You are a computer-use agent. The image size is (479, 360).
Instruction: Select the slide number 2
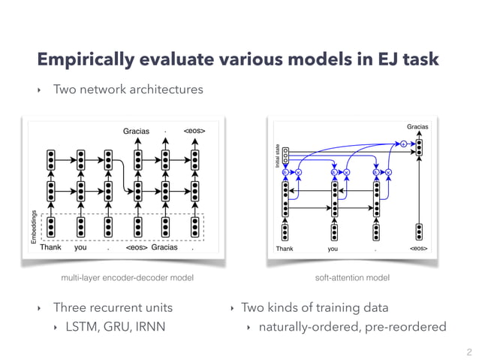tap(468, 351)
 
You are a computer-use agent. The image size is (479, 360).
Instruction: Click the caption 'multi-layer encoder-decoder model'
tap(127, 278)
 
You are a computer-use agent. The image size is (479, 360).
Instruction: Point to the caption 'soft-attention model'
tap(353, 278)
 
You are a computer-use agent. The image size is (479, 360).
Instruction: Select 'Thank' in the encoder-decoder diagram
tap(50, 247)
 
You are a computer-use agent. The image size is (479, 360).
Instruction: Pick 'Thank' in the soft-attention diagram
tap(285, 248)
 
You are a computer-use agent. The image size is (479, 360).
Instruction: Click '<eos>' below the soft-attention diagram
tap(419, 248)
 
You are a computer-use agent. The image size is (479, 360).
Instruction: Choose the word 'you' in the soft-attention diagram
tap(333, 248)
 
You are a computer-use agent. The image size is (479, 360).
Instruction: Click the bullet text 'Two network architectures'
tap(128, 90)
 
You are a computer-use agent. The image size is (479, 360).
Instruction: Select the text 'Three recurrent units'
tap(113, 307)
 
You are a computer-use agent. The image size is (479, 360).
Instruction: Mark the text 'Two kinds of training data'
tap(315, 307)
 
